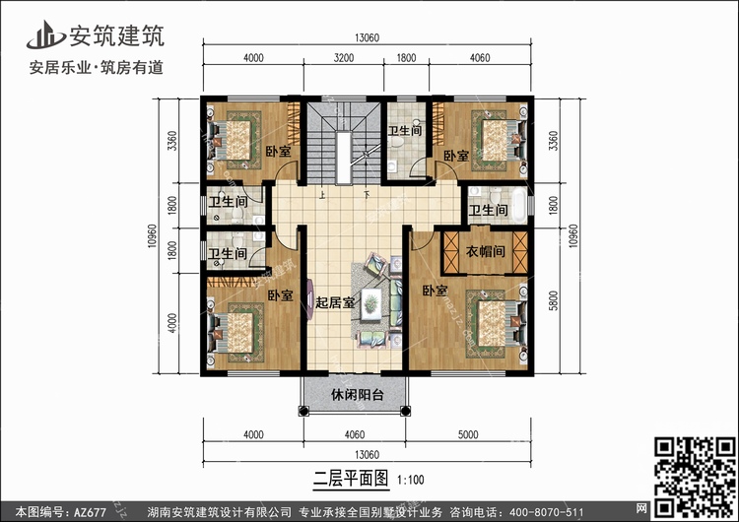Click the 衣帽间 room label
point(486,251)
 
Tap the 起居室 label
point(335,302)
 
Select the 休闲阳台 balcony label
point(358,395)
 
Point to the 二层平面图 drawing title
point(351,479)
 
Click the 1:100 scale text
point(411,480)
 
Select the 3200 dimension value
point(344,58)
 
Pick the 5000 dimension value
point(468,434)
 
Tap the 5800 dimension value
point(554,300)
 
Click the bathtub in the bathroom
point(519,206)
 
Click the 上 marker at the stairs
point(323,194)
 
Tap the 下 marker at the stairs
point(367,194)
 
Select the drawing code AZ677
point(90,511)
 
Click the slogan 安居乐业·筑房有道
point(97,67)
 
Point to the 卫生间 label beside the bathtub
point(489,210)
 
